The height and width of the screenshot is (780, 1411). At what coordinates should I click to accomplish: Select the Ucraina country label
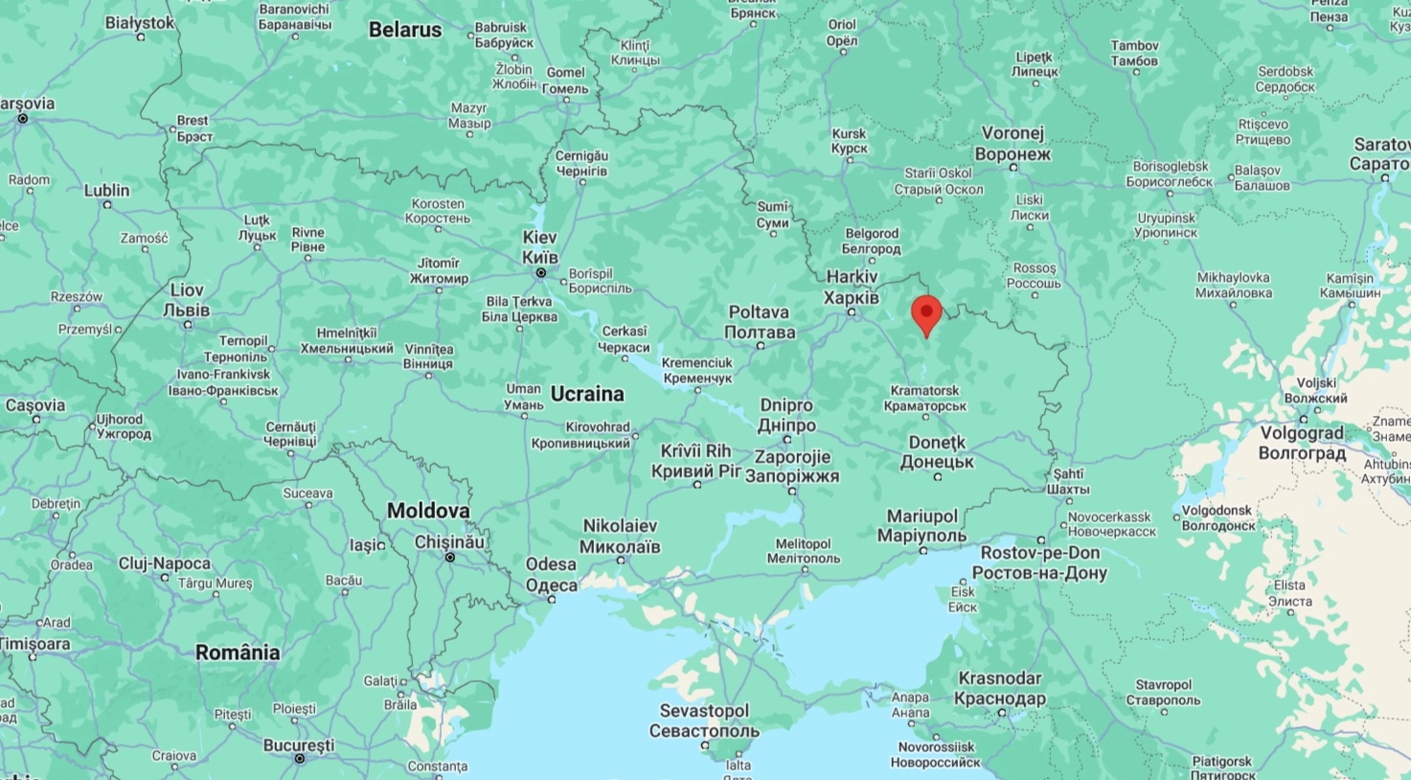[587, 394]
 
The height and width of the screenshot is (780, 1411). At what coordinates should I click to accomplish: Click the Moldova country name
[428, 511]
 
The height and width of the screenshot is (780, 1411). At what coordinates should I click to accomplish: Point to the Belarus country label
[405, 30]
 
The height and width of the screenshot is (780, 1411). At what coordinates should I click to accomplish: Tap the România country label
[238, 653]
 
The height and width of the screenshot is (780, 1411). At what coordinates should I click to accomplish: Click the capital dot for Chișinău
[449, 557]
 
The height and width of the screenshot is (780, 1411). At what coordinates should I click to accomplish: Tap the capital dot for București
[299, 759]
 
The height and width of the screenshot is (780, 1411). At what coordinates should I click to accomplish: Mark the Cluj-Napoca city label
[165, 563]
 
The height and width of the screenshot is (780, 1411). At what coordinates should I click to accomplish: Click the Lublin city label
[106, 191]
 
